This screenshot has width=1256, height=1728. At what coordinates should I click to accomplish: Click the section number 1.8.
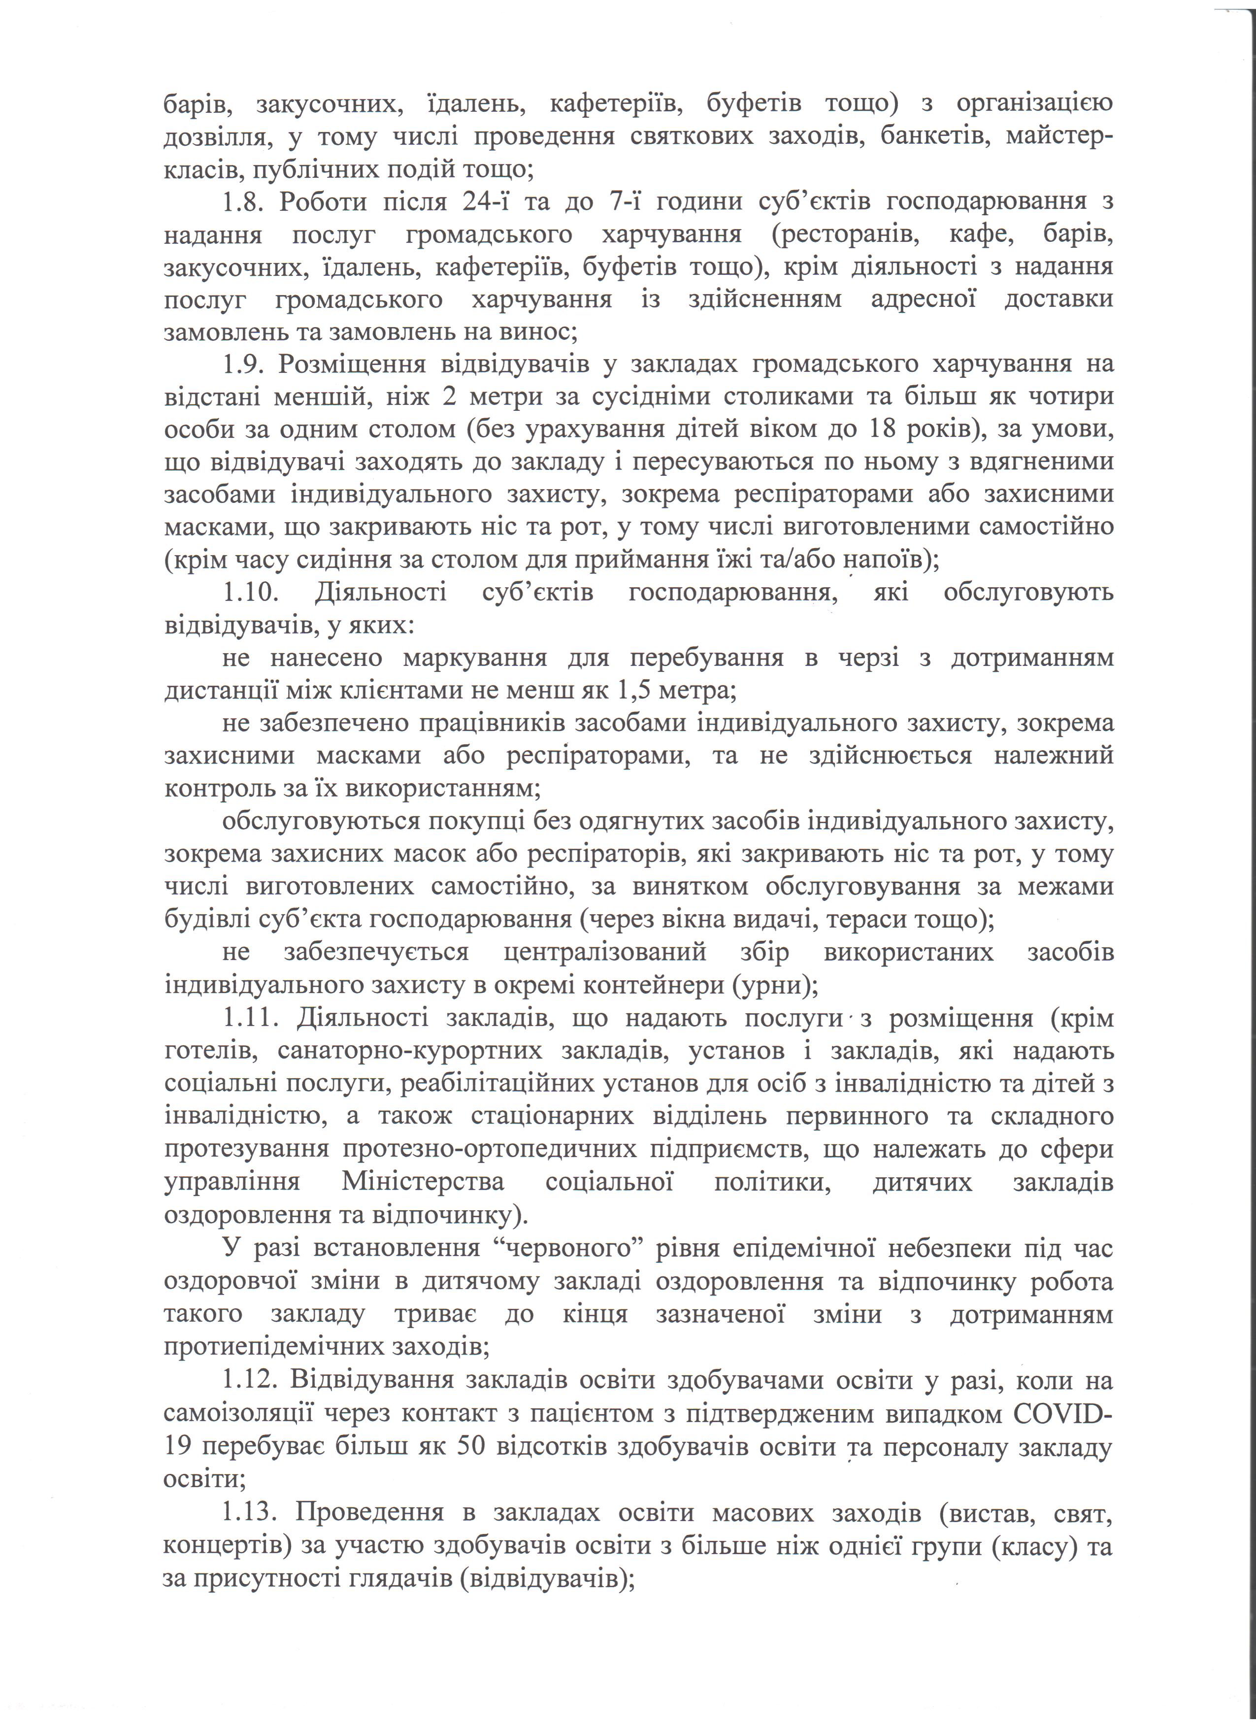(x=242, y=202)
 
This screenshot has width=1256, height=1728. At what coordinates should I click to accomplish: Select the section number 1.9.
(x=242, y=364)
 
